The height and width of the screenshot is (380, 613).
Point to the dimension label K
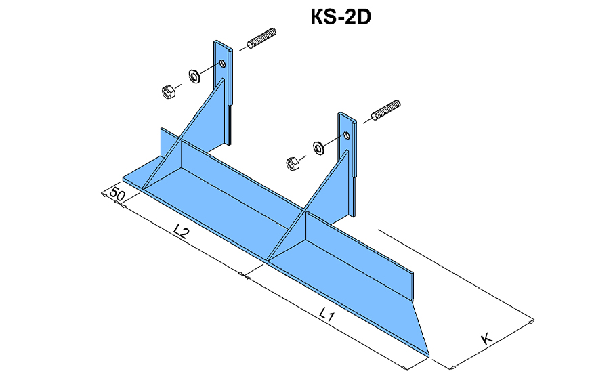click(486, 339)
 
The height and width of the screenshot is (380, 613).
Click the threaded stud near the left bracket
click(262, 39)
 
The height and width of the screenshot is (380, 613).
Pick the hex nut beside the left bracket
click(168, 90)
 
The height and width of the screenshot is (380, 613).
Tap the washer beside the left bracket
click(193, 74)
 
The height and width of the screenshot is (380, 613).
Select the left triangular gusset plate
click(196, 135)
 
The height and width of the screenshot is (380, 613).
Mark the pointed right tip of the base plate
click(428, 353)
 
